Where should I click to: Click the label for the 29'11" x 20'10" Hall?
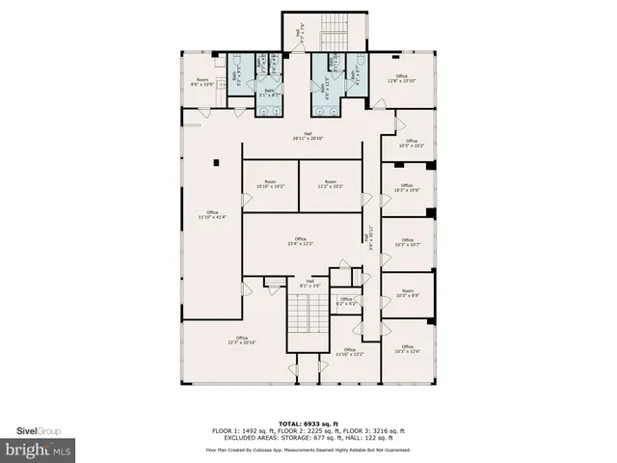pos(308,136)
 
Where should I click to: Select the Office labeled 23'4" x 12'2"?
pos(301,241)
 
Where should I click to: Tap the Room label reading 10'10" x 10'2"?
pos(269,183)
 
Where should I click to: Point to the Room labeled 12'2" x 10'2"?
pos(330,183)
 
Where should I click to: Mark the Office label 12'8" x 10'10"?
pos(401,78)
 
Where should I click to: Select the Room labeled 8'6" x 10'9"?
pos(202,82)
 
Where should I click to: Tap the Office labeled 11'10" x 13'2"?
pos(349,352)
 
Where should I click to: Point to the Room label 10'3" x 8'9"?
pos(408,292)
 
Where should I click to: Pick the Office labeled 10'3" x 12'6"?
pos(408,352)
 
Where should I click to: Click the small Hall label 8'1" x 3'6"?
pos(309,283)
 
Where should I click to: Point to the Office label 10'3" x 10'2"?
pos(412,144)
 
